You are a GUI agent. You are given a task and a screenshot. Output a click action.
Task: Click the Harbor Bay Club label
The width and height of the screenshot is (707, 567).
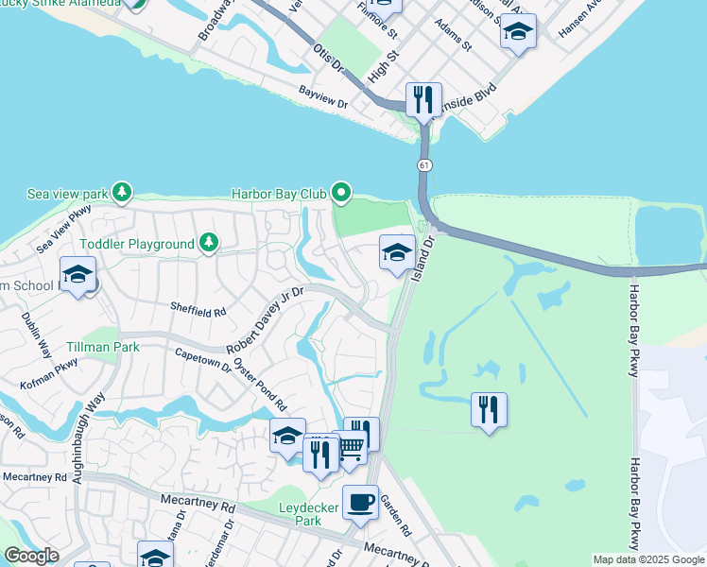[279, 194]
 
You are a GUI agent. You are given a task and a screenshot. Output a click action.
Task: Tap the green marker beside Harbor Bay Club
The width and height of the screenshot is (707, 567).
[340, 194]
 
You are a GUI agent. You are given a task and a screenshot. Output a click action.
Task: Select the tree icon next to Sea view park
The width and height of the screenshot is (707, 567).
[121, 193]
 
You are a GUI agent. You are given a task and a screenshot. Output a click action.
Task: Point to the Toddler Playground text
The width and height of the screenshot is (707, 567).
[137, 244]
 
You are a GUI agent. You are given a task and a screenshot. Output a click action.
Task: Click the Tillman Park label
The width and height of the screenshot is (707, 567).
[104, 347]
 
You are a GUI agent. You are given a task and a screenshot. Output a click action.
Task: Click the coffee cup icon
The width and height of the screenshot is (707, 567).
[359, 502]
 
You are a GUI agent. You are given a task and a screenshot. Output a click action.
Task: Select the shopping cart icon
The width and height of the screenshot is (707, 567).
[350, 448]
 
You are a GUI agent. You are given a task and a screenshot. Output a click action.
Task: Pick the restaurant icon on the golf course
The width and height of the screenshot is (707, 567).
[489, 409]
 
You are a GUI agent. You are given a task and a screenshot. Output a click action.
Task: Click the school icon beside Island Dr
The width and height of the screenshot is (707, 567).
[397, 251]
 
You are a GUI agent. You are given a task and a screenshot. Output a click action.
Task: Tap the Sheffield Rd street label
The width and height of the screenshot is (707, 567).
[198, 309]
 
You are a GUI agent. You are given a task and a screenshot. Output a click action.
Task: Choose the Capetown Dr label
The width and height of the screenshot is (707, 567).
[203, 360]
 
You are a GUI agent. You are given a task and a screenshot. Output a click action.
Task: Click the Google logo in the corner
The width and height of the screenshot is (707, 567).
[31, 555]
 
